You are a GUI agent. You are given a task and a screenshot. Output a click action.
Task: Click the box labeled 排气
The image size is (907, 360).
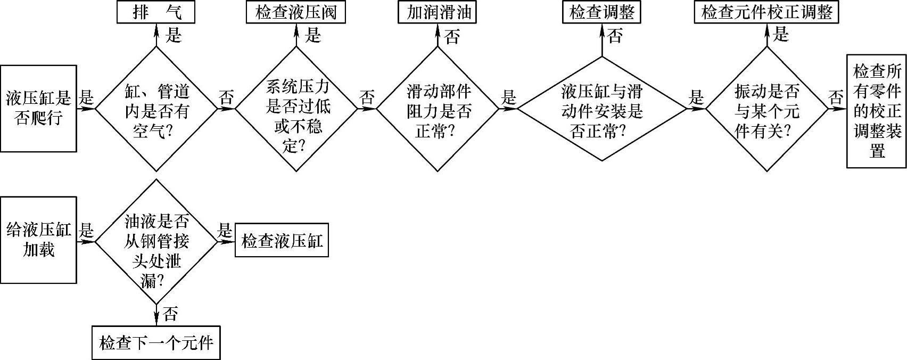point(156,12)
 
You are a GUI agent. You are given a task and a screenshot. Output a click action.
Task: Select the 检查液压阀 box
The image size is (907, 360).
point(296,12)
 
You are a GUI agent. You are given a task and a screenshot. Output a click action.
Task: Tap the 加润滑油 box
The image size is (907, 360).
point(437,12)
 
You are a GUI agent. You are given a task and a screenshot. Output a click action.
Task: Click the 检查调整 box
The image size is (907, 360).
point(601,12)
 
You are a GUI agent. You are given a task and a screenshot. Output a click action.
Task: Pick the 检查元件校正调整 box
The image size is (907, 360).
point(766,12)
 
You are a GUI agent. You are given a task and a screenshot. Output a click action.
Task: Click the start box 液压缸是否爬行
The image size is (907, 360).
point(38,108)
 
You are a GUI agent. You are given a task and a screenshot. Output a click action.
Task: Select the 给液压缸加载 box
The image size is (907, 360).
point(38,240)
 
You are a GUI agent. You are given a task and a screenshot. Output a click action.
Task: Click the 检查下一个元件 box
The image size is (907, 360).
point(156,342)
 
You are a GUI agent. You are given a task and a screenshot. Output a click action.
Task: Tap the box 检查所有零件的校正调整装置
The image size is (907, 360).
point(877,111)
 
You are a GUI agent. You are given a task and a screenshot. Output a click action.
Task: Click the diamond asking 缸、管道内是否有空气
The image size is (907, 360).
point(156,109)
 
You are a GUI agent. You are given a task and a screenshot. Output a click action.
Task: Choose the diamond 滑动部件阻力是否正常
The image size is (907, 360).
point(438,109)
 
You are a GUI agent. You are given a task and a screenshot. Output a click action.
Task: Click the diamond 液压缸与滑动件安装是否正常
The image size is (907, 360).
point(602,109)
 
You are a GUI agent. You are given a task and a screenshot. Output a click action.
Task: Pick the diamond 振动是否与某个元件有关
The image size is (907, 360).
point(767,109)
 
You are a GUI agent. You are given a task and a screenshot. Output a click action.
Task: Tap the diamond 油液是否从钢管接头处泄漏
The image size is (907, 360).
point(156,242)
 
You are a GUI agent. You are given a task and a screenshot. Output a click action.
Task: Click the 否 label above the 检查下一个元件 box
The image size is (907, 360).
point(170,314)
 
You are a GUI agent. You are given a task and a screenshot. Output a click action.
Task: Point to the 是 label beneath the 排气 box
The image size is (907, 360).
point(174,36)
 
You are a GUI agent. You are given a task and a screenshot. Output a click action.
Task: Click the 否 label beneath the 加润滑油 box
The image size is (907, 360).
point(452,37)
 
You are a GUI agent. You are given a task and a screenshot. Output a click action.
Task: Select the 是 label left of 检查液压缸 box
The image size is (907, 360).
point(225,231)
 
